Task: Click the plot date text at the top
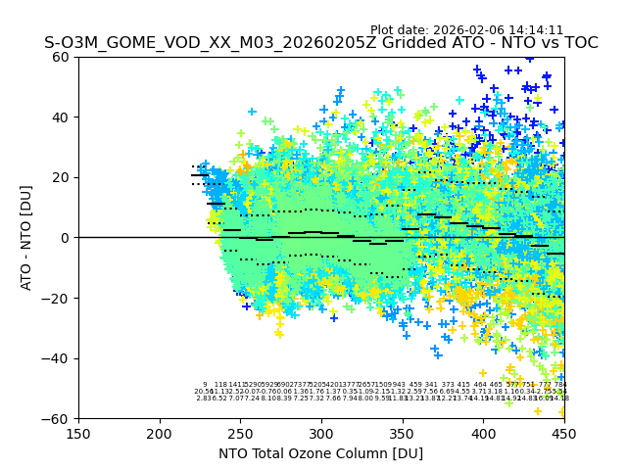point(466,30)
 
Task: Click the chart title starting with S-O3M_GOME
point(320,43)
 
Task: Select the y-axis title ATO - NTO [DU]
point(27,238)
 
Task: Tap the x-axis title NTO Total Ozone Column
point(320,453)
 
